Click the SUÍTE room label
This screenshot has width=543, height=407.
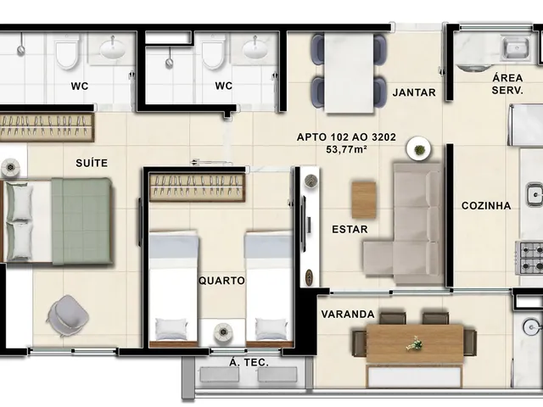tap(92, 163)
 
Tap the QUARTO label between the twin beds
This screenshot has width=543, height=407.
tap(221, 281)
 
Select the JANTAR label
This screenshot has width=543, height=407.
tap(414, 92)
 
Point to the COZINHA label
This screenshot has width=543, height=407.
tap(486, 205)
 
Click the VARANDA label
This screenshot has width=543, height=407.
tap(348, 315)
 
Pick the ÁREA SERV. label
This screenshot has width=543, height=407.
tap(507, 84)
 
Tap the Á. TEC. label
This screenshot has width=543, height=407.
tap(249, 362)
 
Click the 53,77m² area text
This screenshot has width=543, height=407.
tap(346, 149)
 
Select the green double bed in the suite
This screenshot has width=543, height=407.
tap(57, 221)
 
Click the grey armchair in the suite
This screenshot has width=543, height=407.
tap(68, 315)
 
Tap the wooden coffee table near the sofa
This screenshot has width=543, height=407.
tap(364, 200)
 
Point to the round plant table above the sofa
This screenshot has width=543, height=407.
tap(419, 149)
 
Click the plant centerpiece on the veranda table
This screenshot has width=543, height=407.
tap(415, 343)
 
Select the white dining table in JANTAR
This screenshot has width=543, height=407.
tap(349, 73)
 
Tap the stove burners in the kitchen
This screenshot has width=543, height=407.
tap(529, 258)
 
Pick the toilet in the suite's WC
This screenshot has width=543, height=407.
tap(67, 51)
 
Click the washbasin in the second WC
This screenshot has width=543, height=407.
tap(255, 49)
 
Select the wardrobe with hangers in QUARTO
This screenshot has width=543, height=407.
tap(198, 187)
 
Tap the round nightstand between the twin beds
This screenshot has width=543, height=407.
tap(222, 332)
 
